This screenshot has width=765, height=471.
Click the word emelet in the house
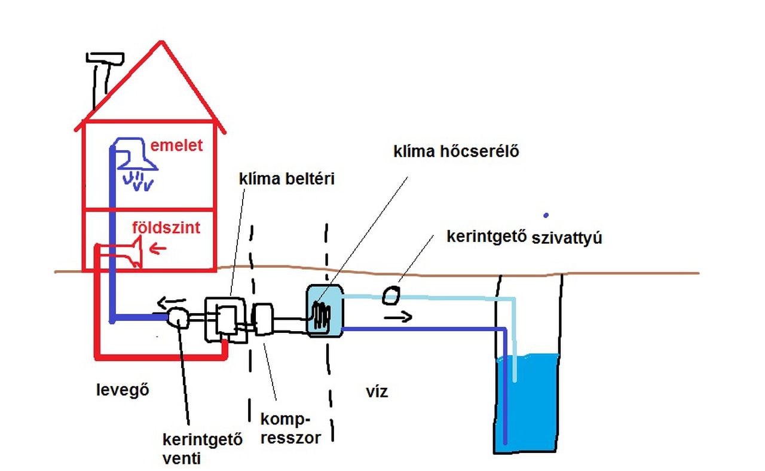tap(176, 145)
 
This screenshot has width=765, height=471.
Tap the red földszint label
tap(166, 228)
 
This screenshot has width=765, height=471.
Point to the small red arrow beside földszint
tap(158, 247)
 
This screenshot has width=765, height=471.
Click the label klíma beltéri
tap(277, 178)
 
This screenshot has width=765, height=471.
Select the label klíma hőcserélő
tap(455, 151)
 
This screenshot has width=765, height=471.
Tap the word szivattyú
tap(566, 238)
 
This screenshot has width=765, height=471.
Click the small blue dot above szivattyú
tap(546, 215)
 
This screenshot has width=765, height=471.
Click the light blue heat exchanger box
tap(325, 310)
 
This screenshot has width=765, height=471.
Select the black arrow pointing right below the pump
tap(397, 317)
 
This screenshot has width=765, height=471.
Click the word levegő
tap(122, 390)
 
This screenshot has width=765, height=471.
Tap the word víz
tap(377, 392)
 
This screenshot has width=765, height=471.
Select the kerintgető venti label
tap(203, 450)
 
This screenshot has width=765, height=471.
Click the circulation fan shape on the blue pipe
tap(178, 317)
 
